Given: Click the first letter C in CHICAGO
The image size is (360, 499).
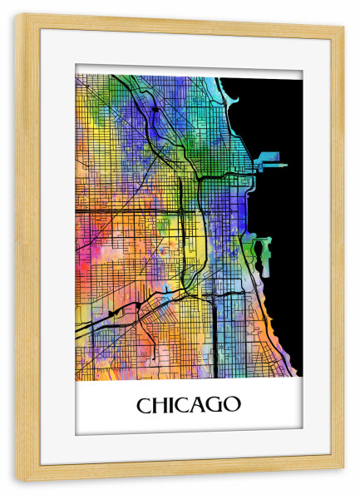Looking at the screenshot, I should pyautogui.click(x=144, y=405).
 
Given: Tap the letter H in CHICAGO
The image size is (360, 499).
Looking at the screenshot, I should pyautogui.click(x=160, y=405).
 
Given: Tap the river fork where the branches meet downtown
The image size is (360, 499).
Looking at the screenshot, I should pyautogui.click(x=199, y=179).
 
